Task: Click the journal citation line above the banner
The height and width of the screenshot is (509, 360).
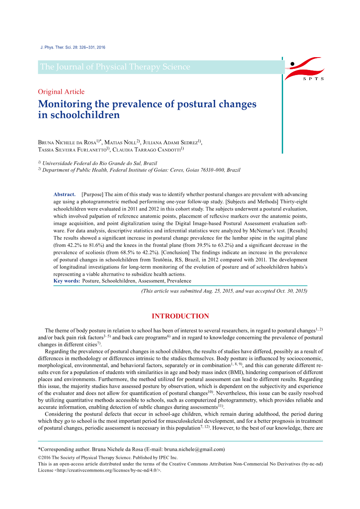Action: click(73, 47)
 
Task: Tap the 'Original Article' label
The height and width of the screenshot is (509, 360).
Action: click(61, 92)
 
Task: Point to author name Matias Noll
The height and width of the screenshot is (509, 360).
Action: click(120, 143)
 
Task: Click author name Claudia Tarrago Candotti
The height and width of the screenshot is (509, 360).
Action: click(146, 150)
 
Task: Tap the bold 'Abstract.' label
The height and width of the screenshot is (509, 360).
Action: click(65, 194)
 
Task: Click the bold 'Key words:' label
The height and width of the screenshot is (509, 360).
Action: click(67, 281)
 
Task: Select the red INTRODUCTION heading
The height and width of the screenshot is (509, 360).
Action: click(180, 316)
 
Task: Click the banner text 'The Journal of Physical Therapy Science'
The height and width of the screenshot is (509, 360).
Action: click(115, 67)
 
